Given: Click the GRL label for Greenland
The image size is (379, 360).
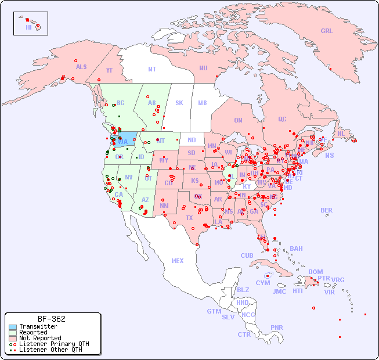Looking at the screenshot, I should click(327, 31).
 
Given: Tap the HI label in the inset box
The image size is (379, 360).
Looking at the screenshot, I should click(28, 27).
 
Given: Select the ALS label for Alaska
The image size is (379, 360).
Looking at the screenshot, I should click(81, 67).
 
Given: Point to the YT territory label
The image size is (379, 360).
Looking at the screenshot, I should click(109, 70).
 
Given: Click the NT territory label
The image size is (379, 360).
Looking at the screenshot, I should click(152, 69).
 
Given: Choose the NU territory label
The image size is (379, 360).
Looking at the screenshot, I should click(203, 68).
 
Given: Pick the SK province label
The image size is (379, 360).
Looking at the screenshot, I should click(179, 103).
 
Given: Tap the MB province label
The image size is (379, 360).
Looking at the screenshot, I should click(203, 103).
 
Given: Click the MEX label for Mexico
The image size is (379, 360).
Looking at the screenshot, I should click(178, 261).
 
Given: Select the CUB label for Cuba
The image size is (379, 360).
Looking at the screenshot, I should click(247, 255).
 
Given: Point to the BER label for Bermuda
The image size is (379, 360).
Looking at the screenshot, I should click(326, 210).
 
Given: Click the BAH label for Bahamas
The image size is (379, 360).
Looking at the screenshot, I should click(296, 249).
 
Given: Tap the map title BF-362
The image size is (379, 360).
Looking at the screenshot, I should click(52, 319).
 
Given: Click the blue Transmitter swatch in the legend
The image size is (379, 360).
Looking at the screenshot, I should click(12, 327).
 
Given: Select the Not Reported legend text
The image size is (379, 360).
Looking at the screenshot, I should click(39, 338).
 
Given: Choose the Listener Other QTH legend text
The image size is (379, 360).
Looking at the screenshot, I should click(50, 350).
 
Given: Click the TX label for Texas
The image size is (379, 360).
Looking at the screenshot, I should click(189, 218).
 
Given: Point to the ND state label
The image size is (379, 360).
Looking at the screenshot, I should click(192, 140).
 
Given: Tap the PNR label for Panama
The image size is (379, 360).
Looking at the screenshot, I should click(277, 327).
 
